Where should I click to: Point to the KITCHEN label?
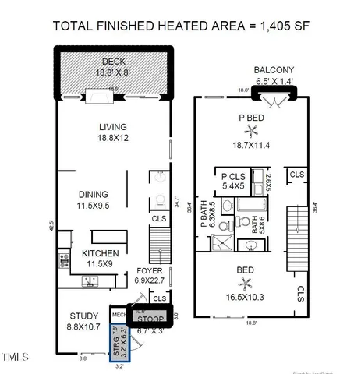[101, 253]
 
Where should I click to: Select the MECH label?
[119, 315]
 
